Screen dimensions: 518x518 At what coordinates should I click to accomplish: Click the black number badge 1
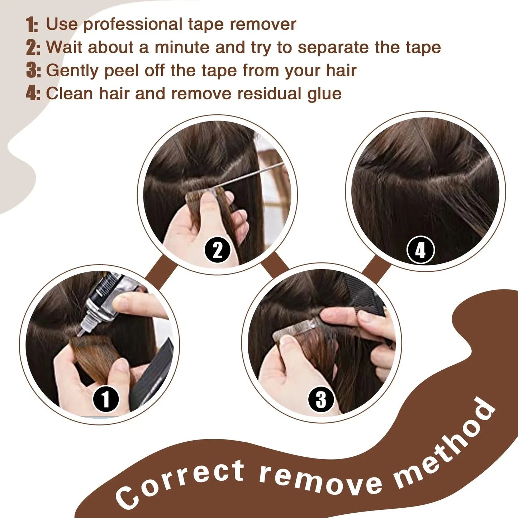[x=106, y=399]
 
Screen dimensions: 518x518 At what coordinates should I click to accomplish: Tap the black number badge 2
[x=218, y=250]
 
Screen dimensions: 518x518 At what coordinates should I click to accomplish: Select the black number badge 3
[x=321, y=399]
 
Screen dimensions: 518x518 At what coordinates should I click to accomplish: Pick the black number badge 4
[x=420, y=250]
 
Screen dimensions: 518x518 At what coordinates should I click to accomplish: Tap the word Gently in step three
[x=72, y=71]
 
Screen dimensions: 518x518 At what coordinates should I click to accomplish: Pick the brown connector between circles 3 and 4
[x=375, y=269]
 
